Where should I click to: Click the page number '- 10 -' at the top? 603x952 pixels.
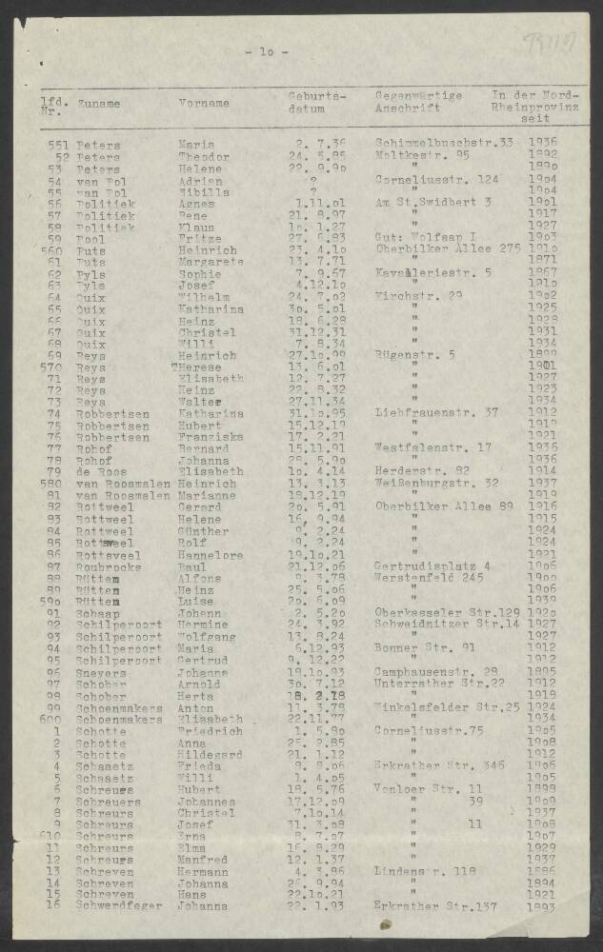coord(266,51)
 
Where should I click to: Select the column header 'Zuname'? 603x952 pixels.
coord(98,103)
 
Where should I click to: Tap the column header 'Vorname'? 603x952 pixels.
coord(203,103)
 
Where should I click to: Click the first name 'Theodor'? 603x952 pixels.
coord(203,157)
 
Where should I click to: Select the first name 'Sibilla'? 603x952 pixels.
coord(203,191)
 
